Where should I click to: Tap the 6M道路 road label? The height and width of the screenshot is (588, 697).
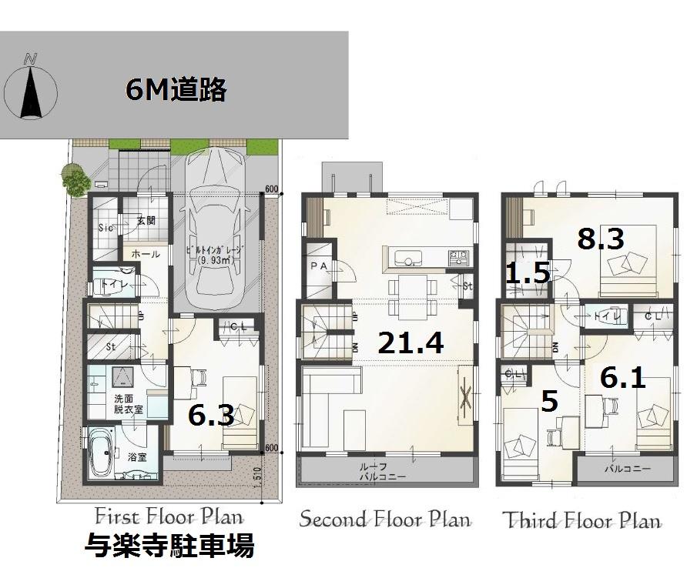pos(176,90)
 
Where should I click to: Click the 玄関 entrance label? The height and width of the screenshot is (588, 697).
pos(146,220)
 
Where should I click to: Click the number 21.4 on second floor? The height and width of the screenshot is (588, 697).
pos(410,342)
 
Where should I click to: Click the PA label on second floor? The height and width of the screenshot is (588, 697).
pos(318,266)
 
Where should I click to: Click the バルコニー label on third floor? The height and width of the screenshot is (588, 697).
pos(626,468)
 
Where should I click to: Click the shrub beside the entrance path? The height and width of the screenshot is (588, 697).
pos(75,182)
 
